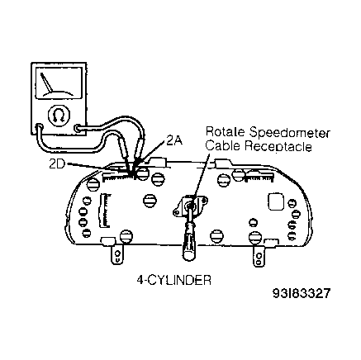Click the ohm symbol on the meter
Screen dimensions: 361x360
point(59,116)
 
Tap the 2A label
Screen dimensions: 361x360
point(173,140)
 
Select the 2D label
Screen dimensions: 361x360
point(56,164)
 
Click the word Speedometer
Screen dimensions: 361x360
point(289,133)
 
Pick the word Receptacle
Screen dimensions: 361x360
point(278,146)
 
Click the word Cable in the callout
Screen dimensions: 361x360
point(223,145)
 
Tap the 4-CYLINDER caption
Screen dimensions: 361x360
point(174,281)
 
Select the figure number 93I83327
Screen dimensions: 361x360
point(302,294)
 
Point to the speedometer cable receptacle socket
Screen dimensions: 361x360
point(190,205)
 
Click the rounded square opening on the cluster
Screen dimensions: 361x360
point(276,201)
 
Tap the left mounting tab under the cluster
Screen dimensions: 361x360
point(117,253)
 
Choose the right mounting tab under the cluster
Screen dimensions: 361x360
point(259,256)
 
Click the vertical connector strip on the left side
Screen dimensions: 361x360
point(104,211)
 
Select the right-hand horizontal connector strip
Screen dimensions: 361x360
point(259,177)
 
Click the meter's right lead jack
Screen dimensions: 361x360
point(78,128)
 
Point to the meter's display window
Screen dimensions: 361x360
point(57,82)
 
